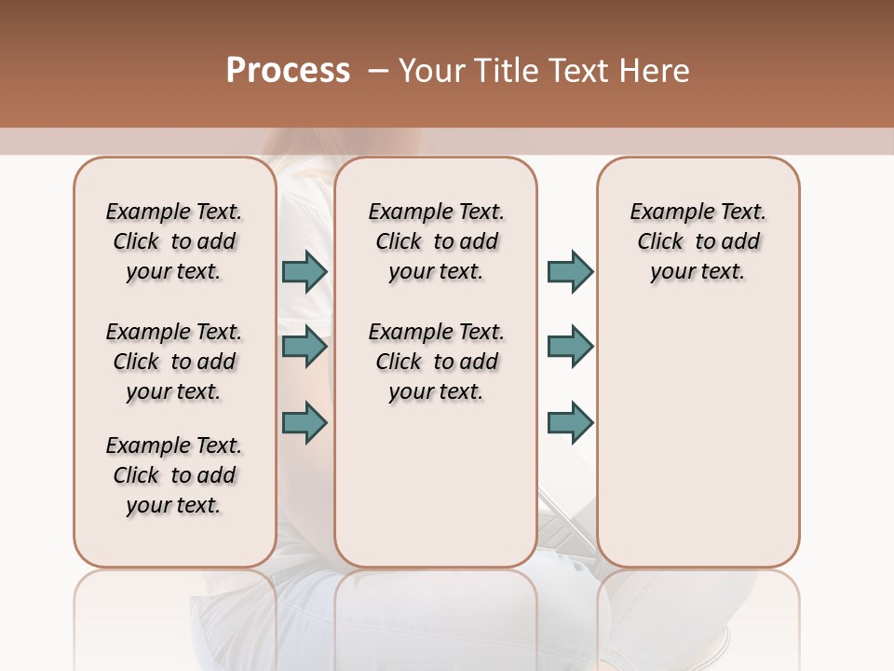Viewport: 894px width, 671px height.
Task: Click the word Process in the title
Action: pos(288,71)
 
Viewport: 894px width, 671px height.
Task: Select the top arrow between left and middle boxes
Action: pos(305,271)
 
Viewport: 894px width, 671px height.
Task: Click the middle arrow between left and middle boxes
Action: pos(305,347)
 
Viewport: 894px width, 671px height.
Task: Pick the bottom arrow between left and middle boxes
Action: pos(305,422)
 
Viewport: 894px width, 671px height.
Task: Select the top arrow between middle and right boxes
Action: pos(570,271)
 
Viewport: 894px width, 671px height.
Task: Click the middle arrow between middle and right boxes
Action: pos(570,347)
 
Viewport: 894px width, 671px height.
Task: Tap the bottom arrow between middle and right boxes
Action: pos(570,422)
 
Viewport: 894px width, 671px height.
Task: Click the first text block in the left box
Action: pos(174,241)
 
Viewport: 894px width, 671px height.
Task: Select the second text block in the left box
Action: pos(174,362)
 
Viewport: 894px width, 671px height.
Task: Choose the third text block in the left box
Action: pos(174,475)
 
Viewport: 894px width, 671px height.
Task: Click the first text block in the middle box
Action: pos(436,241)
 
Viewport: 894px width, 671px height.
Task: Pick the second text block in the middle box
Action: pos(436,362)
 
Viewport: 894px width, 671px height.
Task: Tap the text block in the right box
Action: pos(698,241)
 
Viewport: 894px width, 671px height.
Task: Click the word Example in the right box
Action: pos(666,212)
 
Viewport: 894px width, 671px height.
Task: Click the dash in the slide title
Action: pos(378,71)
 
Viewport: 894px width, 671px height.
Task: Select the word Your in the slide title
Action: pos(432,71)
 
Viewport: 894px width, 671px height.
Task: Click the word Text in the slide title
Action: pos(579,71)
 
